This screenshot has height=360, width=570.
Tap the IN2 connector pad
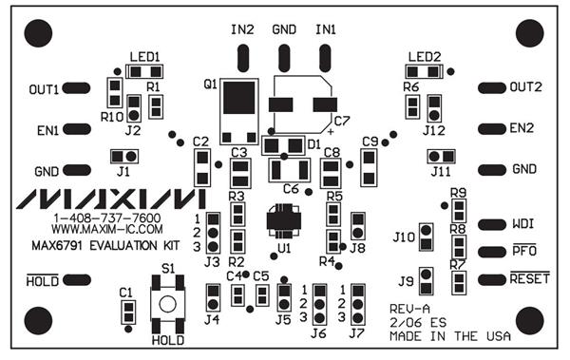point(242,60)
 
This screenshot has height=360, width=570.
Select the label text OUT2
point(525,86)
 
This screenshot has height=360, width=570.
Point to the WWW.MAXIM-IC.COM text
point(106,230)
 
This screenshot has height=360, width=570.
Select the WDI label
point(522,225)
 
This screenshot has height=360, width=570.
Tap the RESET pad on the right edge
point(492,278)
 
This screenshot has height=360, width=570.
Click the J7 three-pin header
point(358,304)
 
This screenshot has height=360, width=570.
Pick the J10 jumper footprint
point(427,236)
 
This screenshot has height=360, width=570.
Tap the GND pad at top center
point(284,60)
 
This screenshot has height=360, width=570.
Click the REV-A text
point(410,310)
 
